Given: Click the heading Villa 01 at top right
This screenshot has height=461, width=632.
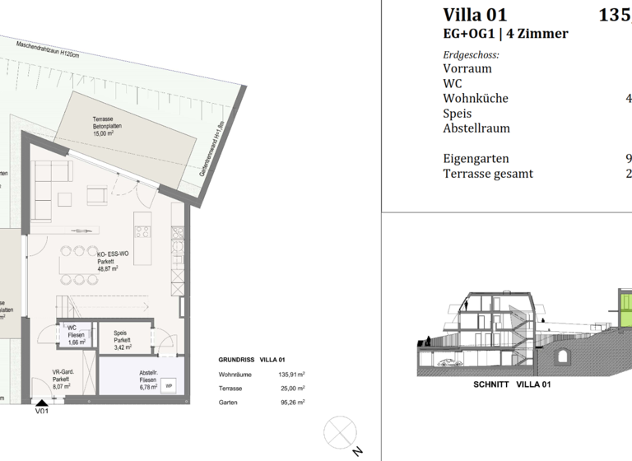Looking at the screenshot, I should click(475, 15).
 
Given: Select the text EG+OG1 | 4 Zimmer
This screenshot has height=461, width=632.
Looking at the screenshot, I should click(505, 35).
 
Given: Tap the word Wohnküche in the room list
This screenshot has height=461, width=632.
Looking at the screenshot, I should click(476, 99).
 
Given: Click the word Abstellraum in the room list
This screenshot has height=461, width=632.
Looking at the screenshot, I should click(476, 128).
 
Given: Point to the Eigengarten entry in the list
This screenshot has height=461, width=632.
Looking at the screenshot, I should click(476, 158).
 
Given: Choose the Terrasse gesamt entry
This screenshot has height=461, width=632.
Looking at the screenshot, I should click(488, 174).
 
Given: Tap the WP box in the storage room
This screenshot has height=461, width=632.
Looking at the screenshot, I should click(170, 385).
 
